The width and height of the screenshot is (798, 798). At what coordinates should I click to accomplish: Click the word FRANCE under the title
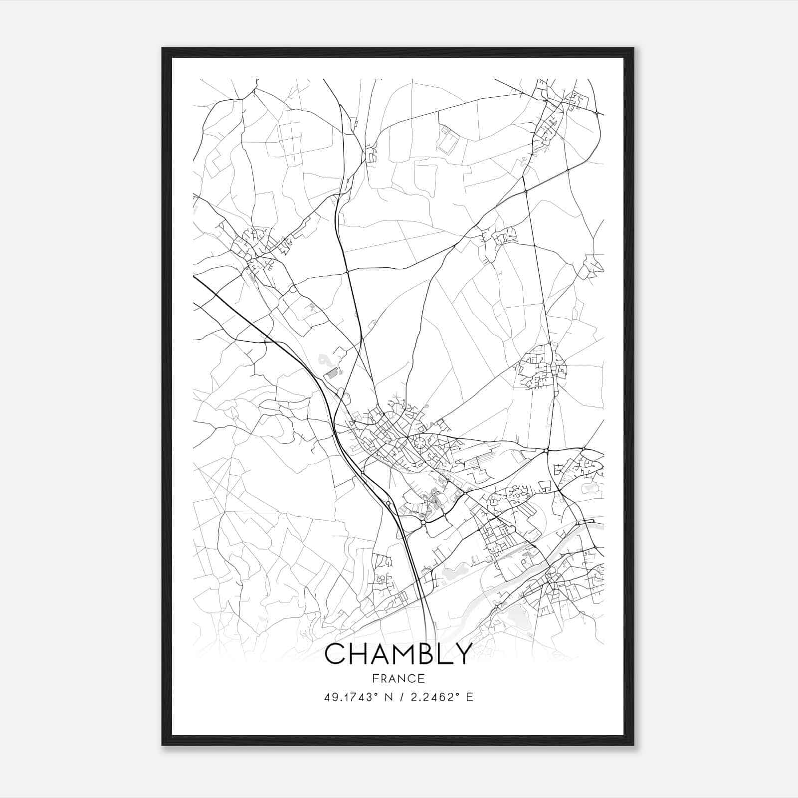399,678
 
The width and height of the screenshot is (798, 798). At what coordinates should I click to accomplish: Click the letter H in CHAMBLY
357,654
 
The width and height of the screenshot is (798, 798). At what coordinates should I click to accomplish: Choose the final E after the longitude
469,697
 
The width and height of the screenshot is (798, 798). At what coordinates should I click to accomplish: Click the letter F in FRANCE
375,678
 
